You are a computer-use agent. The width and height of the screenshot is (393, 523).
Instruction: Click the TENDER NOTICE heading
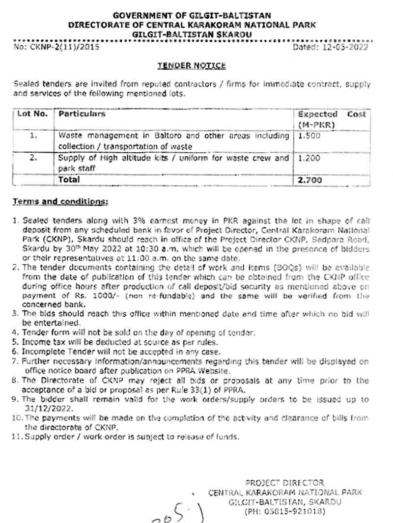(x=192, y=65)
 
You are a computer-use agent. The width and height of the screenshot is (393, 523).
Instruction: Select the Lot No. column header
(x=32, y=114)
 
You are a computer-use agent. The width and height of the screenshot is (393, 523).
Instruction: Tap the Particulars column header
(x=82, y=114)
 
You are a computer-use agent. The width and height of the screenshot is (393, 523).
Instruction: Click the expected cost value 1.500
(x=309, y=136)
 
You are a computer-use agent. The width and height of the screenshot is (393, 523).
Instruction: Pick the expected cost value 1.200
(x=309, y=159)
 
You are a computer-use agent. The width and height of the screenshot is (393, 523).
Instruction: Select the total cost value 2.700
(x=310, y=180)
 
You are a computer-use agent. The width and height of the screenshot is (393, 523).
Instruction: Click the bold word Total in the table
(x=69, y=180)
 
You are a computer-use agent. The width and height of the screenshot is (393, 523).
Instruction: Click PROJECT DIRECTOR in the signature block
(x=284, y=483)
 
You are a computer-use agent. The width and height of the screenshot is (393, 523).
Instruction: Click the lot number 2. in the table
(x=33, y=159)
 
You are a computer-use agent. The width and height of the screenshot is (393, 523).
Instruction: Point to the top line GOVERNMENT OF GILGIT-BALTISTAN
(x=192, y=16)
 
